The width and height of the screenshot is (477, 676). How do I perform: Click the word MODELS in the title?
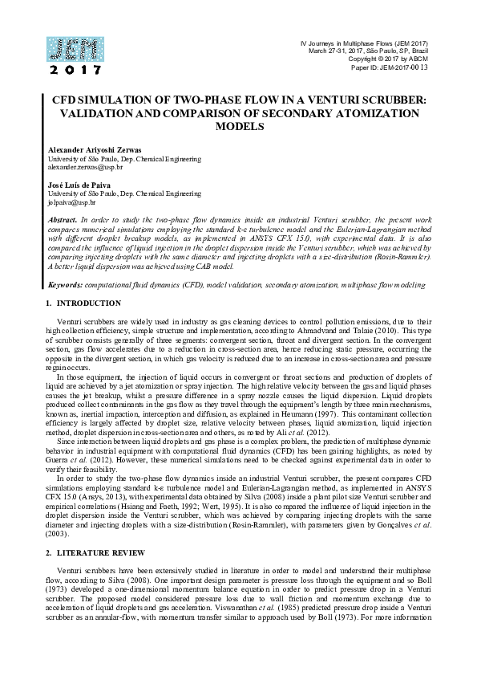pyautogui.click(x=238, y=126)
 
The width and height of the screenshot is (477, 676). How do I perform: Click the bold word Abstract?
pyautogui.click(x=63, y=219)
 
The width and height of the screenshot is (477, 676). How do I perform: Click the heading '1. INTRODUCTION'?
pyautogui.click(x=83, y=303)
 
